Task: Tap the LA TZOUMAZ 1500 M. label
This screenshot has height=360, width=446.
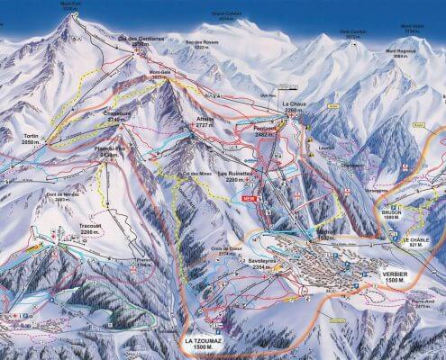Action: pos(203,346)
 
